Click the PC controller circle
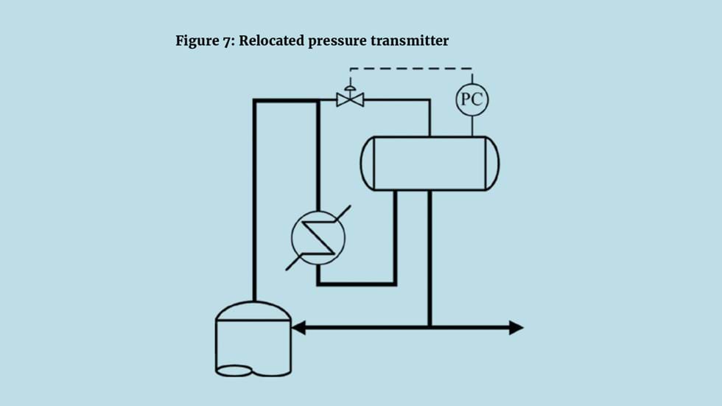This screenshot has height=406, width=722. tap(472, 99)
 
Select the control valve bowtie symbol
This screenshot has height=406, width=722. tap(350, 99)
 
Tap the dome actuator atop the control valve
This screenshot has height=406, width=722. tap(350, 85)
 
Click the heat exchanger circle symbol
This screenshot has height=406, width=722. tap(318, 237)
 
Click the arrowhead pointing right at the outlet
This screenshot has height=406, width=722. tap(516, 327)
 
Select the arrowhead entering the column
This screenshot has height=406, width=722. tap(298, 327)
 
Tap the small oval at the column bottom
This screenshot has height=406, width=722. tap(234, 371)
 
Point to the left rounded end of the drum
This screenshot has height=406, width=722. tap(367, 163)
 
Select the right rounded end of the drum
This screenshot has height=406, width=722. tap(492, 163)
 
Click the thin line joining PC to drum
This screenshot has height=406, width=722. tap(472, 125)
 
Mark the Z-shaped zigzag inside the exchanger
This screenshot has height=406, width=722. tap(318, 237)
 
